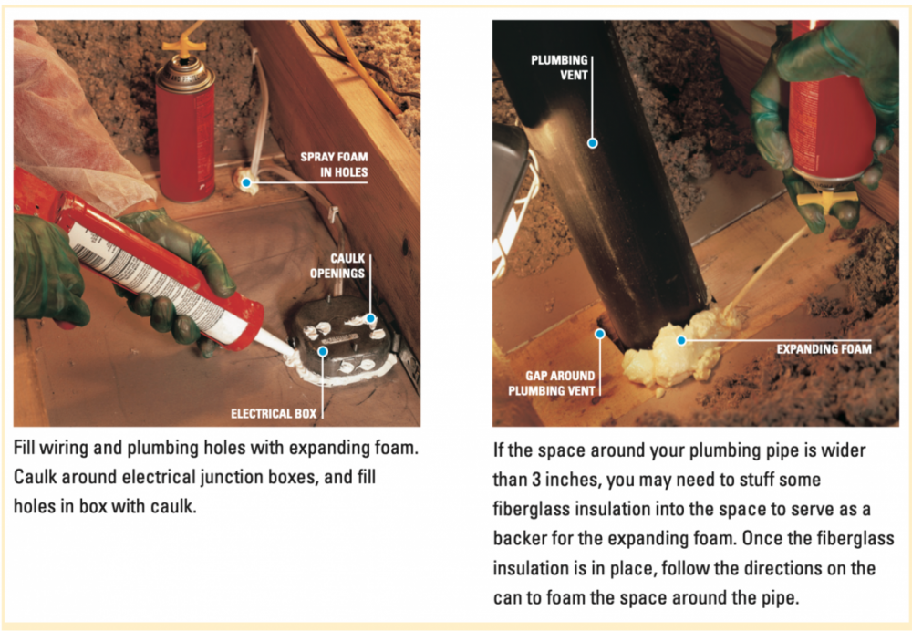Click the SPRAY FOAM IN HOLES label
[x=334, y=164]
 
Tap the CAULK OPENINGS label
[x=337, y=265]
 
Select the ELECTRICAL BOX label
[x=274, y=413]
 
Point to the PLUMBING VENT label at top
[x=559, y=67]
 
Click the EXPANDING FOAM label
[x=824, y=349]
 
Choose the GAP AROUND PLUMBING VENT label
[x=552, y=383]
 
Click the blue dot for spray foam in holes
[x=246, y=182]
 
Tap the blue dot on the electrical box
[x=323, y=351]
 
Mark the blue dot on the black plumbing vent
[x=592, y=143]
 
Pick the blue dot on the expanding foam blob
[x=681, y=340]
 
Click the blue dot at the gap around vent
[x=600, y=334]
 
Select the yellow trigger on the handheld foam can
[x=826, y=202]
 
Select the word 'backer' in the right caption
[x=520, y=538]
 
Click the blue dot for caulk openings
[x=370, y=319]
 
